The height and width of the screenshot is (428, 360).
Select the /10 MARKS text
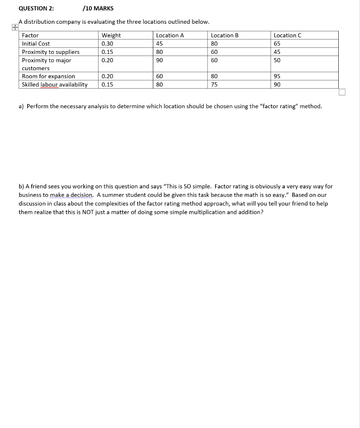coord(98,8)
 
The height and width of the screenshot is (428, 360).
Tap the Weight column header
coord(111,36)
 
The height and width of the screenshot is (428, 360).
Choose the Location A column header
coord(170,36)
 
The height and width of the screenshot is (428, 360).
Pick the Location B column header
coord(225,36)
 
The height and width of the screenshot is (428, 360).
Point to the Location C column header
coord(287,36)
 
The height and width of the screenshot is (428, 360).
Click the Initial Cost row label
coord(36,43)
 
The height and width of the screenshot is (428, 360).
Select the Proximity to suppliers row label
coord(51,52)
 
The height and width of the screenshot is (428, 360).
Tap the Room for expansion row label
coord(48,76)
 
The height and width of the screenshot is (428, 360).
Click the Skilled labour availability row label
coord(55,84)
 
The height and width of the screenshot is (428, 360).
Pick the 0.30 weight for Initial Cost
coord(107,43)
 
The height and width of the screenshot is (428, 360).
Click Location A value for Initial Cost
coord(159,43)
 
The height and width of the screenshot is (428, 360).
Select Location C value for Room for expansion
coord(277,76)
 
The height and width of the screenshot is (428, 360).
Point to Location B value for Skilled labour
coord(214,84)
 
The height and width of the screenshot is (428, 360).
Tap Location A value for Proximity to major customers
coord(159,60)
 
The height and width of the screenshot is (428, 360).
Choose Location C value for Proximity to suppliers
coord(277,52)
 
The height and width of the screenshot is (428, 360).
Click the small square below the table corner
coord(342,92)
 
